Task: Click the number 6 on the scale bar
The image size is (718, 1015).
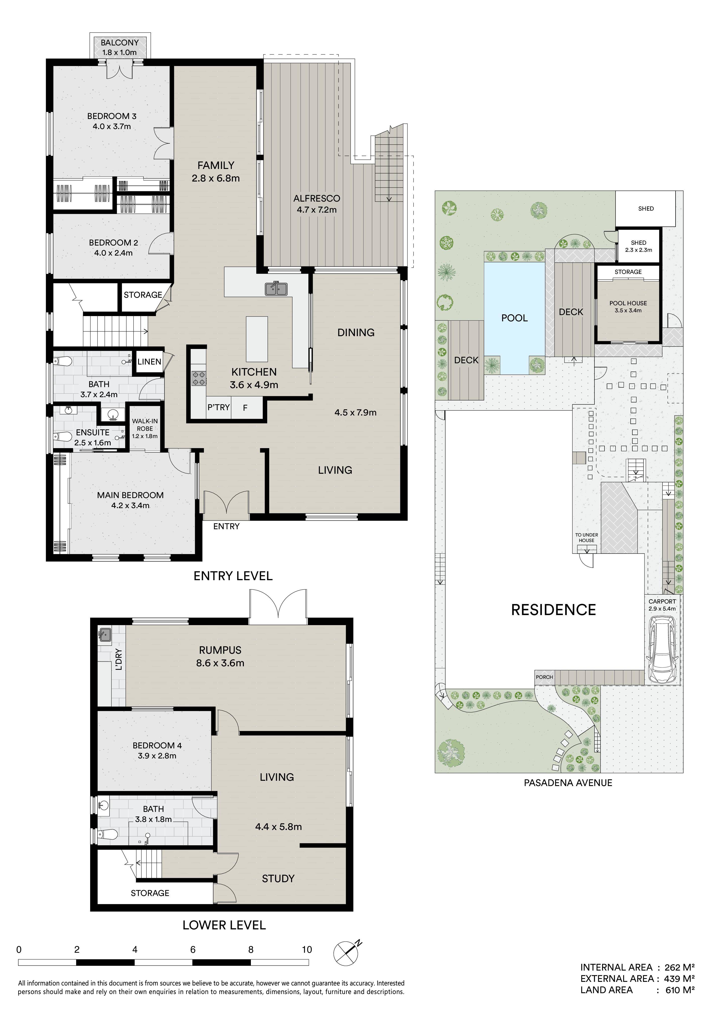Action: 193,949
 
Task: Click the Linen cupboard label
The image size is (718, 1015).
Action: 149,362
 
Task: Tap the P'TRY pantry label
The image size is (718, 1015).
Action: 218,407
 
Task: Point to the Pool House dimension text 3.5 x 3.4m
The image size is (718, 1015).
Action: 628,310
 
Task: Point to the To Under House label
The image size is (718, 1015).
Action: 587,538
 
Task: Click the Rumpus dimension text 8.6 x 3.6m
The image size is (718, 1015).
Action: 220,663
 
